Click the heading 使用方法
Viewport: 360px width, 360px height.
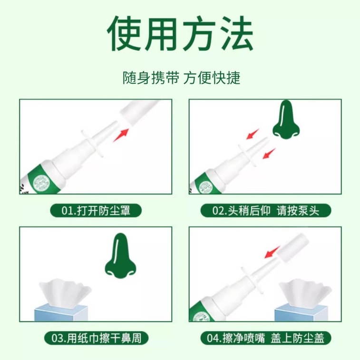pos(180,33)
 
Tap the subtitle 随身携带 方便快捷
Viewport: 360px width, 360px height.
pos(181,78)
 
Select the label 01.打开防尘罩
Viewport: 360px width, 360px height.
pos(96,210)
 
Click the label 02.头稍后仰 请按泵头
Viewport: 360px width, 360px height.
pos(266,210)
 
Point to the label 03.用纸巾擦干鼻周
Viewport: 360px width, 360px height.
pos(96,338)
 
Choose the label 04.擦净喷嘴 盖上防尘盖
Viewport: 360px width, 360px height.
pos(266,338)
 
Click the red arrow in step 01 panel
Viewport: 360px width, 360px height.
pos(121,135)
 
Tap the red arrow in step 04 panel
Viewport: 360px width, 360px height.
pos(272,252)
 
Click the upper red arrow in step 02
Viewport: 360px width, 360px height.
pos(253,134)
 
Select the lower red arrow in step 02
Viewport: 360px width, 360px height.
pos(269,154)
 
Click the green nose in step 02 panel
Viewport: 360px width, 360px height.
pos(286,120)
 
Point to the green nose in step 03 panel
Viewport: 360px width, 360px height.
pos(120,255)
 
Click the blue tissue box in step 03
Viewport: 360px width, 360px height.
pos(61,313)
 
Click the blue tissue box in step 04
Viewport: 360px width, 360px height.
pos(301,313)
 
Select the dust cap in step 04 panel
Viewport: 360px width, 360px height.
pos(292,247)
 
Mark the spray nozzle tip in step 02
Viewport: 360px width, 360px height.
pos(266,139)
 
